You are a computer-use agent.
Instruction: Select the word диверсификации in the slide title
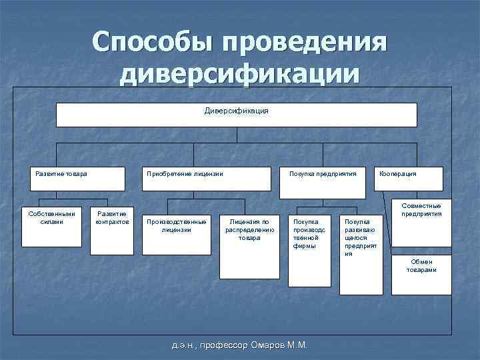click(239, 73)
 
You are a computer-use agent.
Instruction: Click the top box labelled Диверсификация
click(236, 115)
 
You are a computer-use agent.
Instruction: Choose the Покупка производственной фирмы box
click(309, 250)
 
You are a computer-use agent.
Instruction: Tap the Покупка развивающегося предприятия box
click(361, 254)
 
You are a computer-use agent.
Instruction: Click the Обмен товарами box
click(421, 274)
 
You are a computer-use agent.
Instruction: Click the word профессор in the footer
click(223, 345)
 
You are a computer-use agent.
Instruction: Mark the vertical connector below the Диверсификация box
click(237, 135)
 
